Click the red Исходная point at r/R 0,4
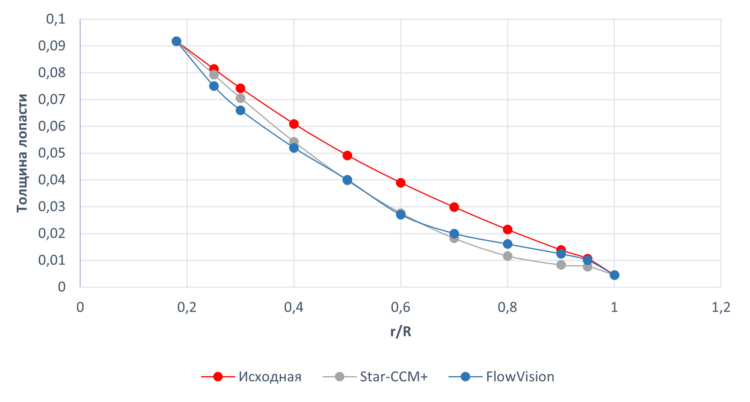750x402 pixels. click(x=294, y=124)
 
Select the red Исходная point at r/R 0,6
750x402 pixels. click(x=401, y=183)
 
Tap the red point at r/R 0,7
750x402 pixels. click(x=454, y=207)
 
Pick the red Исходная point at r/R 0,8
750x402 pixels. click(x=507, y=229)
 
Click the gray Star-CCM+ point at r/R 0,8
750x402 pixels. click(x=507, y=256)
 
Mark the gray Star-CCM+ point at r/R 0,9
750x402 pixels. click(x=561, y=265)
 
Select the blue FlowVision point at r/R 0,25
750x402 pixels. click(x=214, y=86)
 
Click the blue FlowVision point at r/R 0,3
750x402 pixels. click(x=240, y=110)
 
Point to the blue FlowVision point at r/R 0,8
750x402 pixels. click(x=507, y=244)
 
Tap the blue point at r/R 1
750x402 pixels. click(x=614, y=275)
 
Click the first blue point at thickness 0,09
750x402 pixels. click(x=176, y=41)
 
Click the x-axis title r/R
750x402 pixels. click(x=401, y=331)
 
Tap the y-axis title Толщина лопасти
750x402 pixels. click(x=22, y=153)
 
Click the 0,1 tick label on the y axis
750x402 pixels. click(x=56, y=19)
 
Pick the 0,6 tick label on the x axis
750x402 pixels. click(x=401, y=307)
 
